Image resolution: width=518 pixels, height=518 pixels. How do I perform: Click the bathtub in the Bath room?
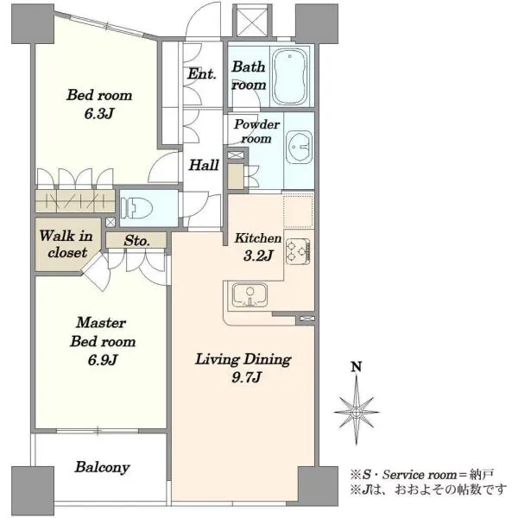pyautogui.click(x=289, y=76)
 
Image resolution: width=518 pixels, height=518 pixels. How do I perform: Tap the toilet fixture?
pyautogui.click(x=136, y=208)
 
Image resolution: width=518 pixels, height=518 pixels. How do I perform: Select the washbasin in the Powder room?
pyautogui.click(x=299, y=147)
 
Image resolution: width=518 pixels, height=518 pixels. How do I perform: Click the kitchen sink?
pyautogui.click(x=250, y=295)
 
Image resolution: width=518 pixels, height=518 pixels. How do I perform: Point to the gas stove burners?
pyautogui.click(x=298, y=252)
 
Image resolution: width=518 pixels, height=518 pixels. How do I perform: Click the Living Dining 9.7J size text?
pyautogui.click(x=247, y=377)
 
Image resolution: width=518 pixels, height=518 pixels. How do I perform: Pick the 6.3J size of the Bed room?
pyautogui.click(x=99, y=114)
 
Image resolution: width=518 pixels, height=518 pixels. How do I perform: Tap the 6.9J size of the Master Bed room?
pyautogui.click(x=103, y=360)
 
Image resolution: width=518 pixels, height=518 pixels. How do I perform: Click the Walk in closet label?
pyautogui.click(x=66, y=244)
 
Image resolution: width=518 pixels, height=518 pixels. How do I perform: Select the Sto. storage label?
pyautogui.click(x=136, y=241)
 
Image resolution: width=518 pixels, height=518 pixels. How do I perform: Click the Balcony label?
pyautogui.click(x=103, y=467)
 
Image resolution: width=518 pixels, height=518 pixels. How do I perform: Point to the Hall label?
pyautogui.click(x=204, y=165)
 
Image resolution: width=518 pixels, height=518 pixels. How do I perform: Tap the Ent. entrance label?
pyautogui.click(x=202, y=73)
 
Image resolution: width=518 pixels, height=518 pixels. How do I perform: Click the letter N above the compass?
pyautogui.click(x=356, y=367)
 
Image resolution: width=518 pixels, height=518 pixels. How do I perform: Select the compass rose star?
pyautogui.click(x=356, y=412)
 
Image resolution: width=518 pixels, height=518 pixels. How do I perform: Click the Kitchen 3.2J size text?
pyautogui.click(x=258, y=256)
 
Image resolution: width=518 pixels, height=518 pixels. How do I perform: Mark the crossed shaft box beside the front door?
pyautogui.click(x=252, y=22)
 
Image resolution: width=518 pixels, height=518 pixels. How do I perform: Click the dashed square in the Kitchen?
pyautogui.click(x=299, y=212)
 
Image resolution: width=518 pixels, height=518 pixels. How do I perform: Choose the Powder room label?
pyautogui.click(x=256, y=131)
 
